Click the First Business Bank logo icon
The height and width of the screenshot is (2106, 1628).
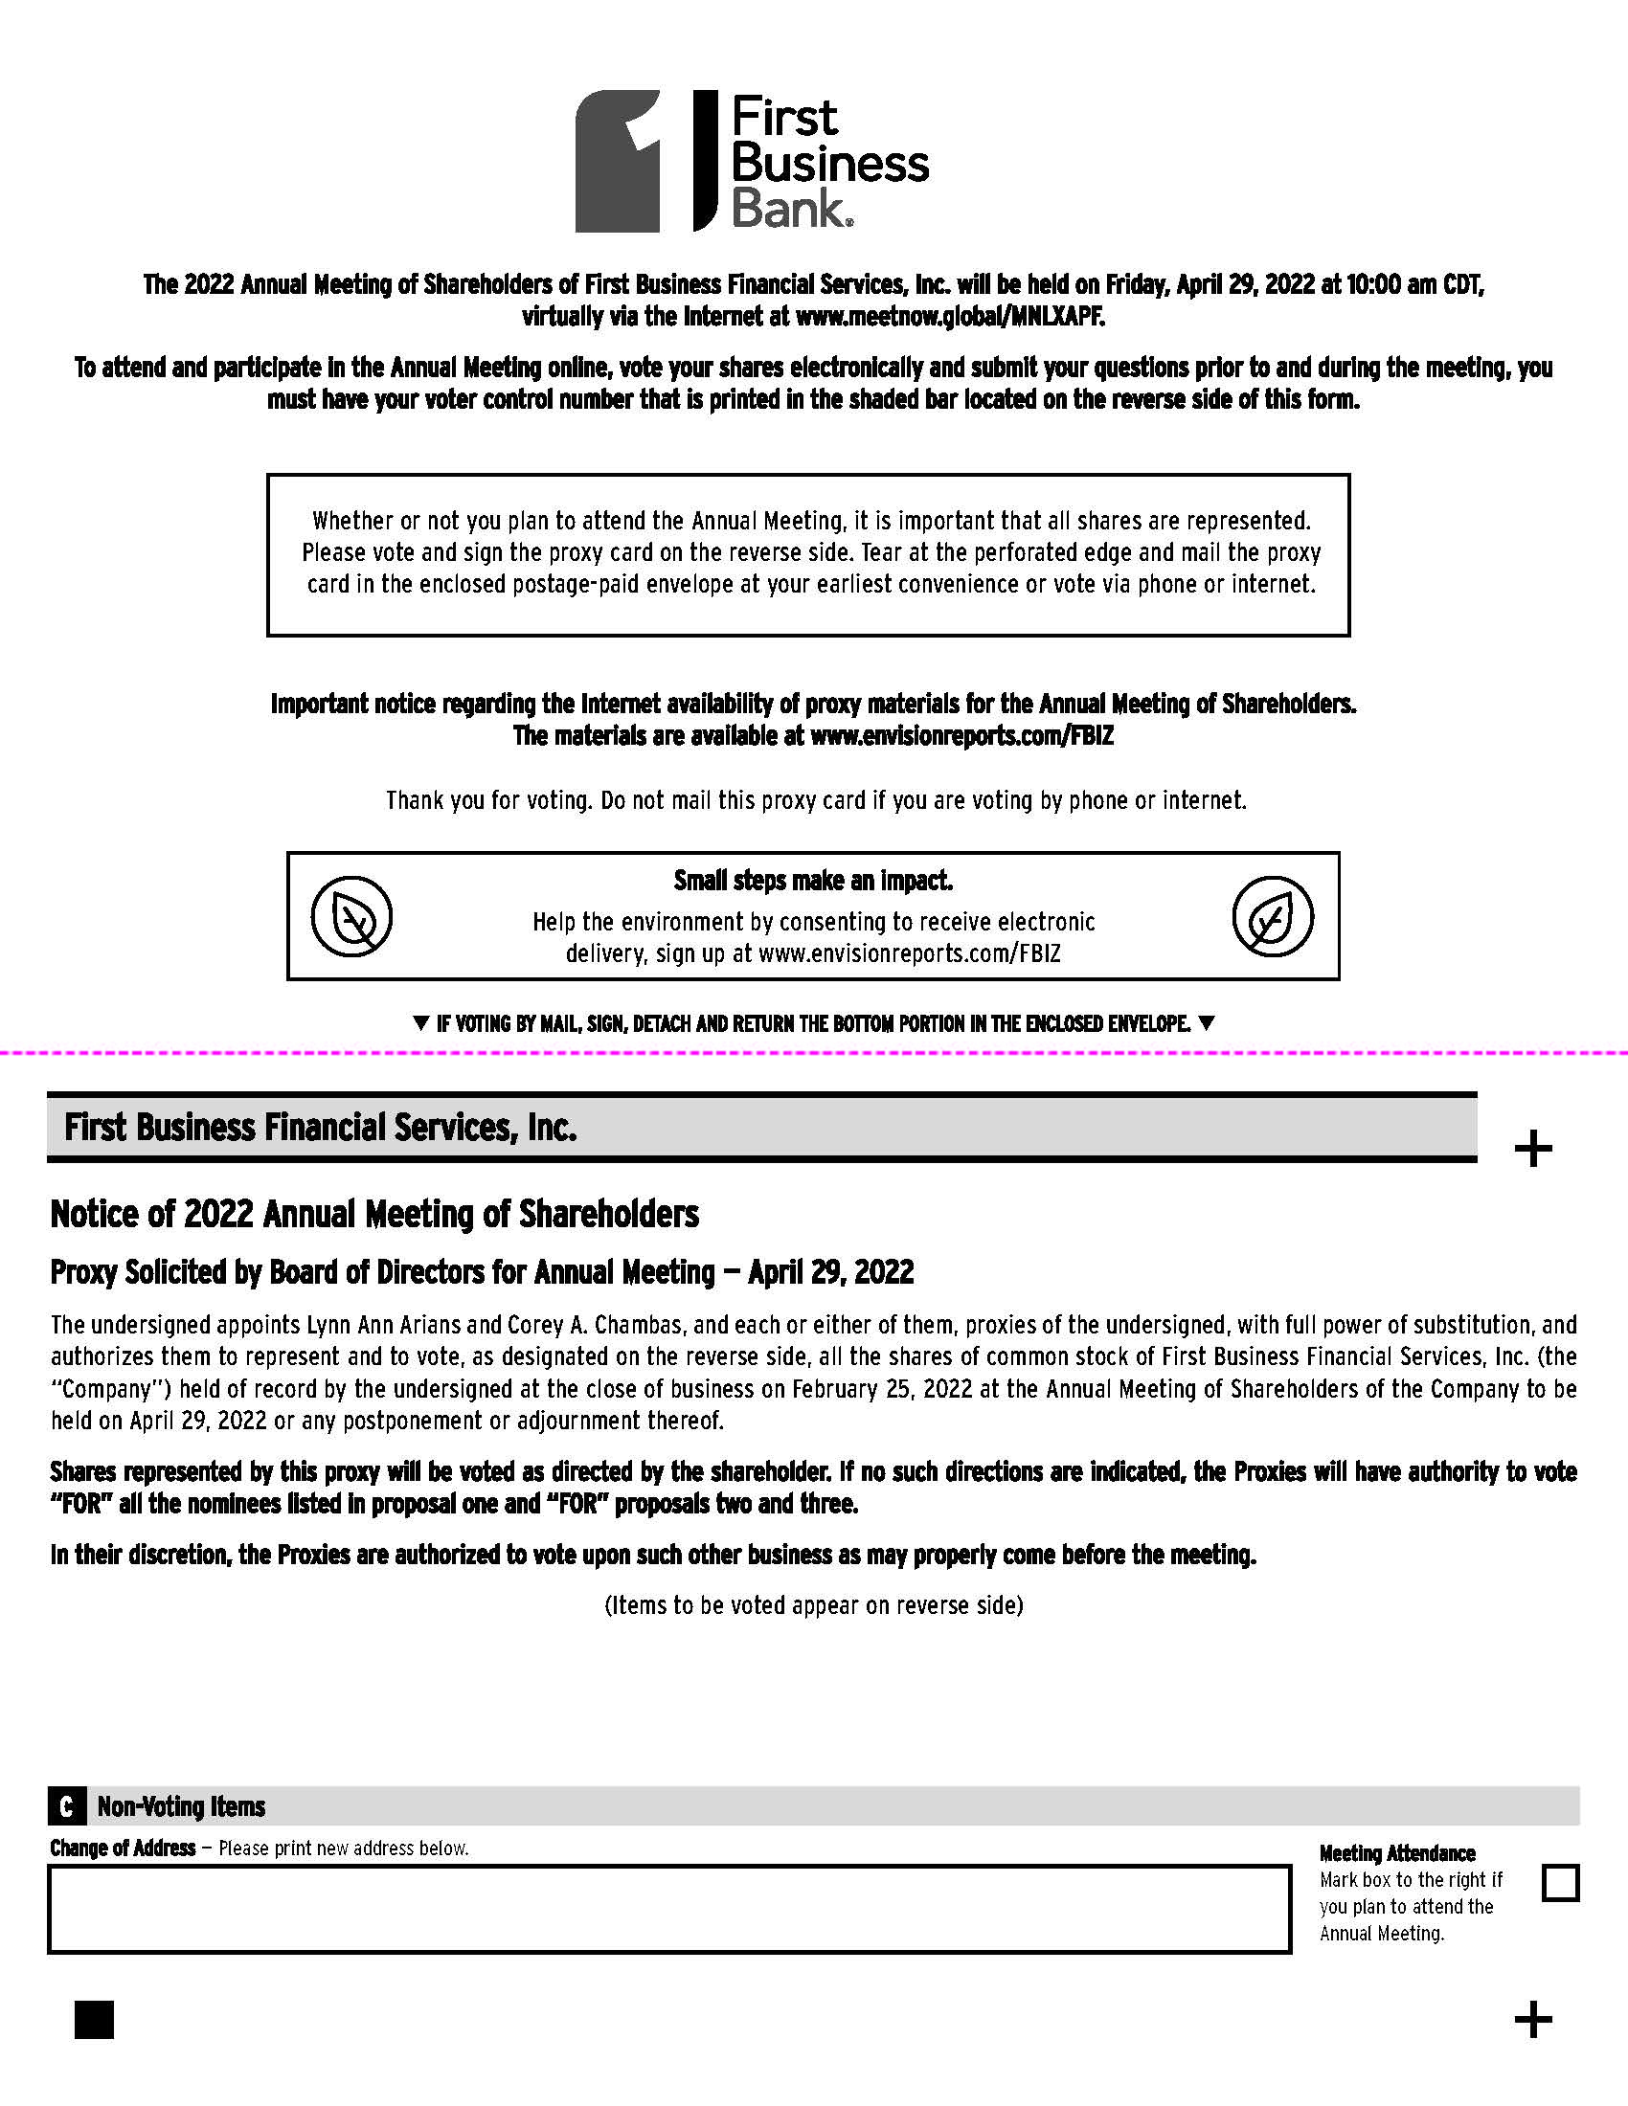tap(619, 161)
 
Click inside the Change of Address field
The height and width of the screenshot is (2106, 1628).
tap(669, 1910)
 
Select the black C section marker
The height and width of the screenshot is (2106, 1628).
tap(65, 1806)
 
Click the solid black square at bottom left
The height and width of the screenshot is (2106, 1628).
tap(94, 2019)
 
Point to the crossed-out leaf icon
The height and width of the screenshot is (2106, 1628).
tap(352, 916)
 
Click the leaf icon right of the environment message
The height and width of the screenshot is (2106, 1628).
tap(1272, 916)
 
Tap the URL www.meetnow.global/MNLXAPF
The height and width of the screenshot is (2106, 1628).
tap(950, 316)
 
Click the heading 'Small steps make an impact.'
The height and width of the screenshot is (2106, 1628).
tap(813, 881)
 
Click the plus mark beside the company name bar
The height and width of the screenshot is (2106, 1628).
tap(1532, 1150)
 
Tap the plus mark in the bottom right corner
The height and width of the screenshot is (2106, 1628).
tap(1532, 2019)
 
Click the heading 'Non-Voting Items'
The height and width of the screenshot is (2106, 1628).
tap(181, 1806)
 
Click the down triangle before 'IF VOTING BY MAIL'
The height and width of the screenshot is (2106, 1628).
tap(420, 1023)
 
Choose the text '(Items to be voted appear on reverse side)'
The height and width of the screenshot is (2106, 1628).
tap(813, 1604)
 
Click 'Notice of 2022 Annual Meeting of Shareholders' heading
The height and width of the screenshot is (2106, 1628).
tap(374, 1214)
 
